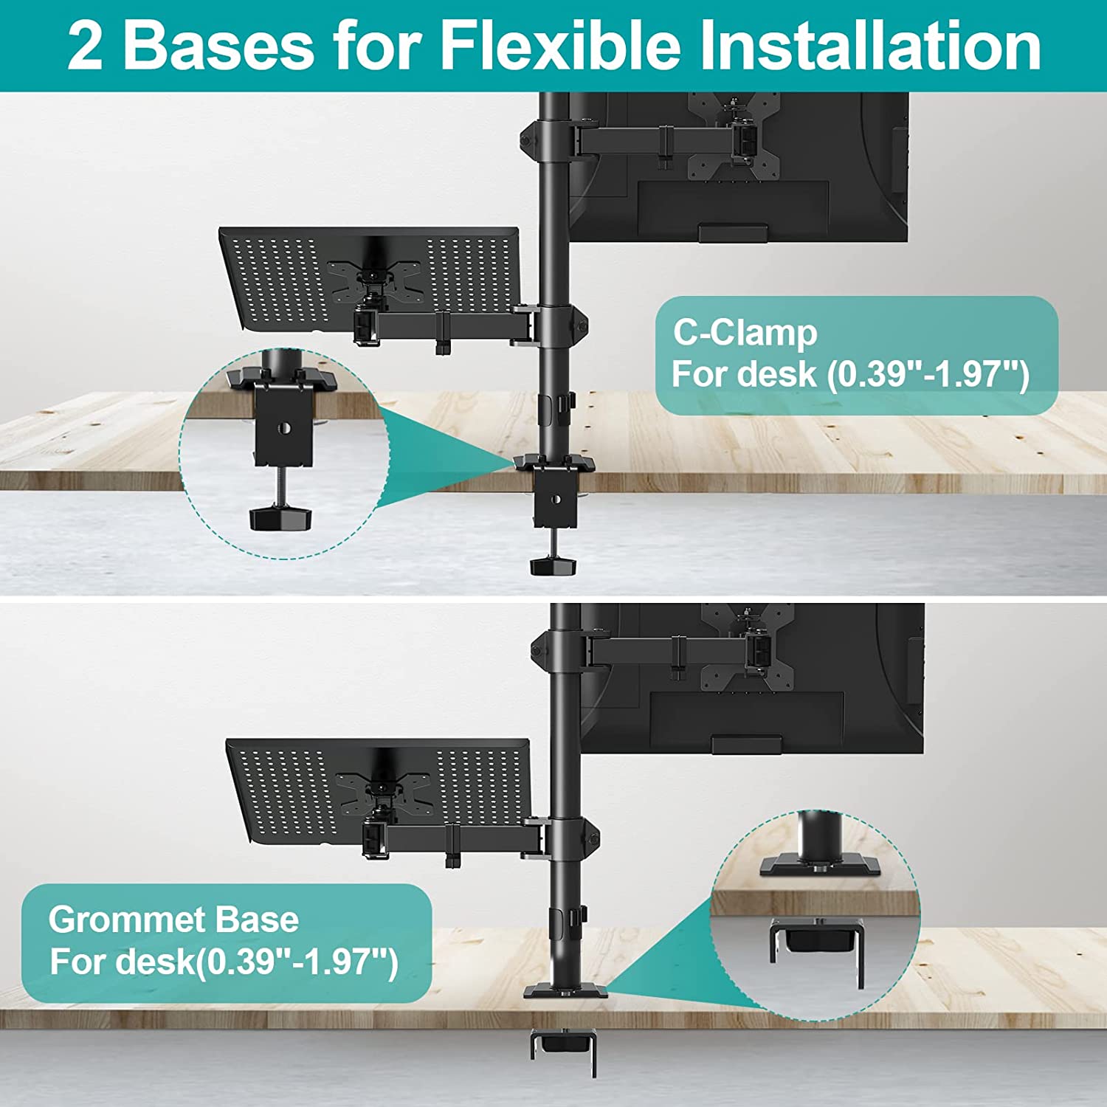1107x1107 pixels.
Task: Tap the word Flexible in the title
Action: click(x=560, y=46)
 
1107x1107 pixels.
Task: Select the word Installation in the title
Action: click(x=870, y=46)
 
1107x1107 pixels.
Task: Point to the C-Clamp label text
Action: click(x=745, y=333)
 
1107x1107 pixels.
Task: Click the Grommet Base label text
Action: click(x=173, y=920)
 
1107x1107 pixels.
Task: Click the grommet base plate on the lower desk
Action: click(x=566, y=990)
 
